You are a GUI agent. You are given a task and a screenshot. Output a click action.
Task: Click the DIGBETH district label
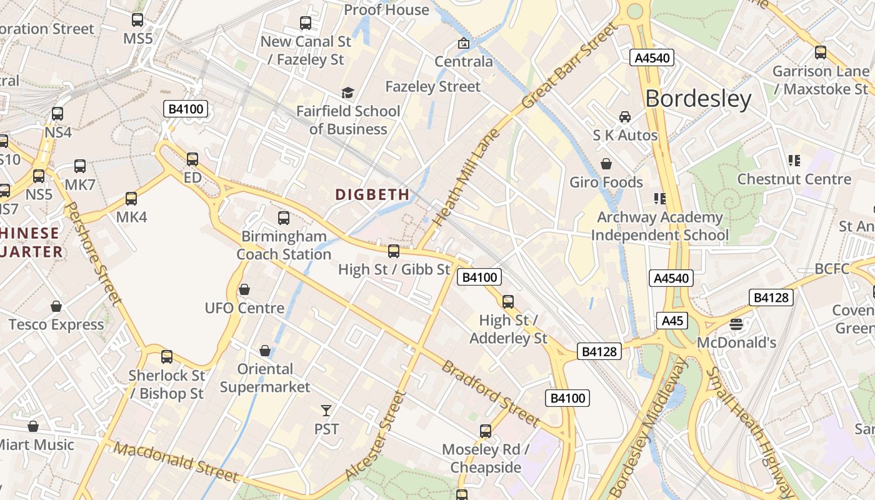tap(372, 194)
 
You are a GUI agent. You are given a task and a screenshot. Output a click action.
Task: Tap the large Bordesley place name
tap(697, 99)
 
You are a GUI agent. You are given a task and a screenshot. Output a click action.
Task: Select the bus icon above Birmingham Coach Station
tap(284, 218)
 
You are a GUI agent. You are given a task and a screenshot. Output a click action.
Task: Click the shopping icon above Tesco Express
tap(56, 306)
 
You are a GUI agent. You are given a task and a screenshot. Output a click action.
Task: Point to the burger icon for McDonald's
tap(736, 324)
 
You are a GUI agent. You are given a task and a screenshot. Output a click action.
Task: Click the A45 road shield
tap(672, 321)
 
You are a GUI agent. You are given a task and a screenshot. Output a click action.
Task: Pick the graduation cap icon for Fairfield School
tap(347, 93)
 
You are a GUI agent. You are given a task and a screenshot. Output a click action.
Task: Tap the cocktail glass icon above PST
tap(326, 410)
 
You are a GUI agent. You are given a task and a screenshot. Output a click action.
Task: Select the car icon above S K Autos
tap(624, 117)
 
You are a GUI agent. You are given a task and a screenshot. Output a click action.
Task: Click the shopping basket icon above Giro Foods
tap(606, 164)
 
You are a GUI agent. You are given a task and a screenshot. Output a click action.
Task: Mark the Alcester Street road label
tap(375, 436)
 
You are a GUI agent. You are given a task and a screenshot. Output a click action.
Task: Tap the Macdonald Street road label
tap(176, 462)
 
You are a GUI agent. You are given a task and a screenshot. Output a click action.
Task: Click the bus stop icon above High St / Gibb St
tap(394, 251)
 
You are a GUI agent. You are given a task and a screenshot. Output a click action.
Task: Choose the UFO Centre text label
tap(244, 308)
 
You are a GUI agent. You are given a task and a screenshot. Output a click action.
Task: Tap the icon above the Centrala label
tap(464, 43)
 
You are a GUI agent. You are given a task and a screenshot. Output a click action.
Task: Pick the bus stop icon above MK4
tap(131, 199)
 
